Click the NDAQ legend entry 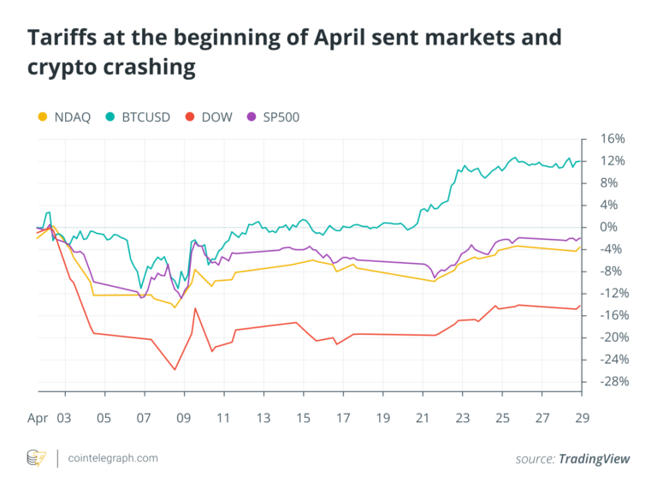click(x=68, y=116)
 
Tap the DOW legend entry click(x=213, y=116)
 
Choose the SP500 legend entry click(x=279, y=116)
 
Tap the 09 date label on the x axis click(x=183, y=420)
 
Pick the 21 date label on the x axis click(x=422, y=420)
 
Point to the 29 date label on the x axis click(x=581, y=420)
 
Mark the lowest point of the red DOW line click(x=175, y=370)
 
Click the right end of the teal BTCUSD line click(x=582, y=161)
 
